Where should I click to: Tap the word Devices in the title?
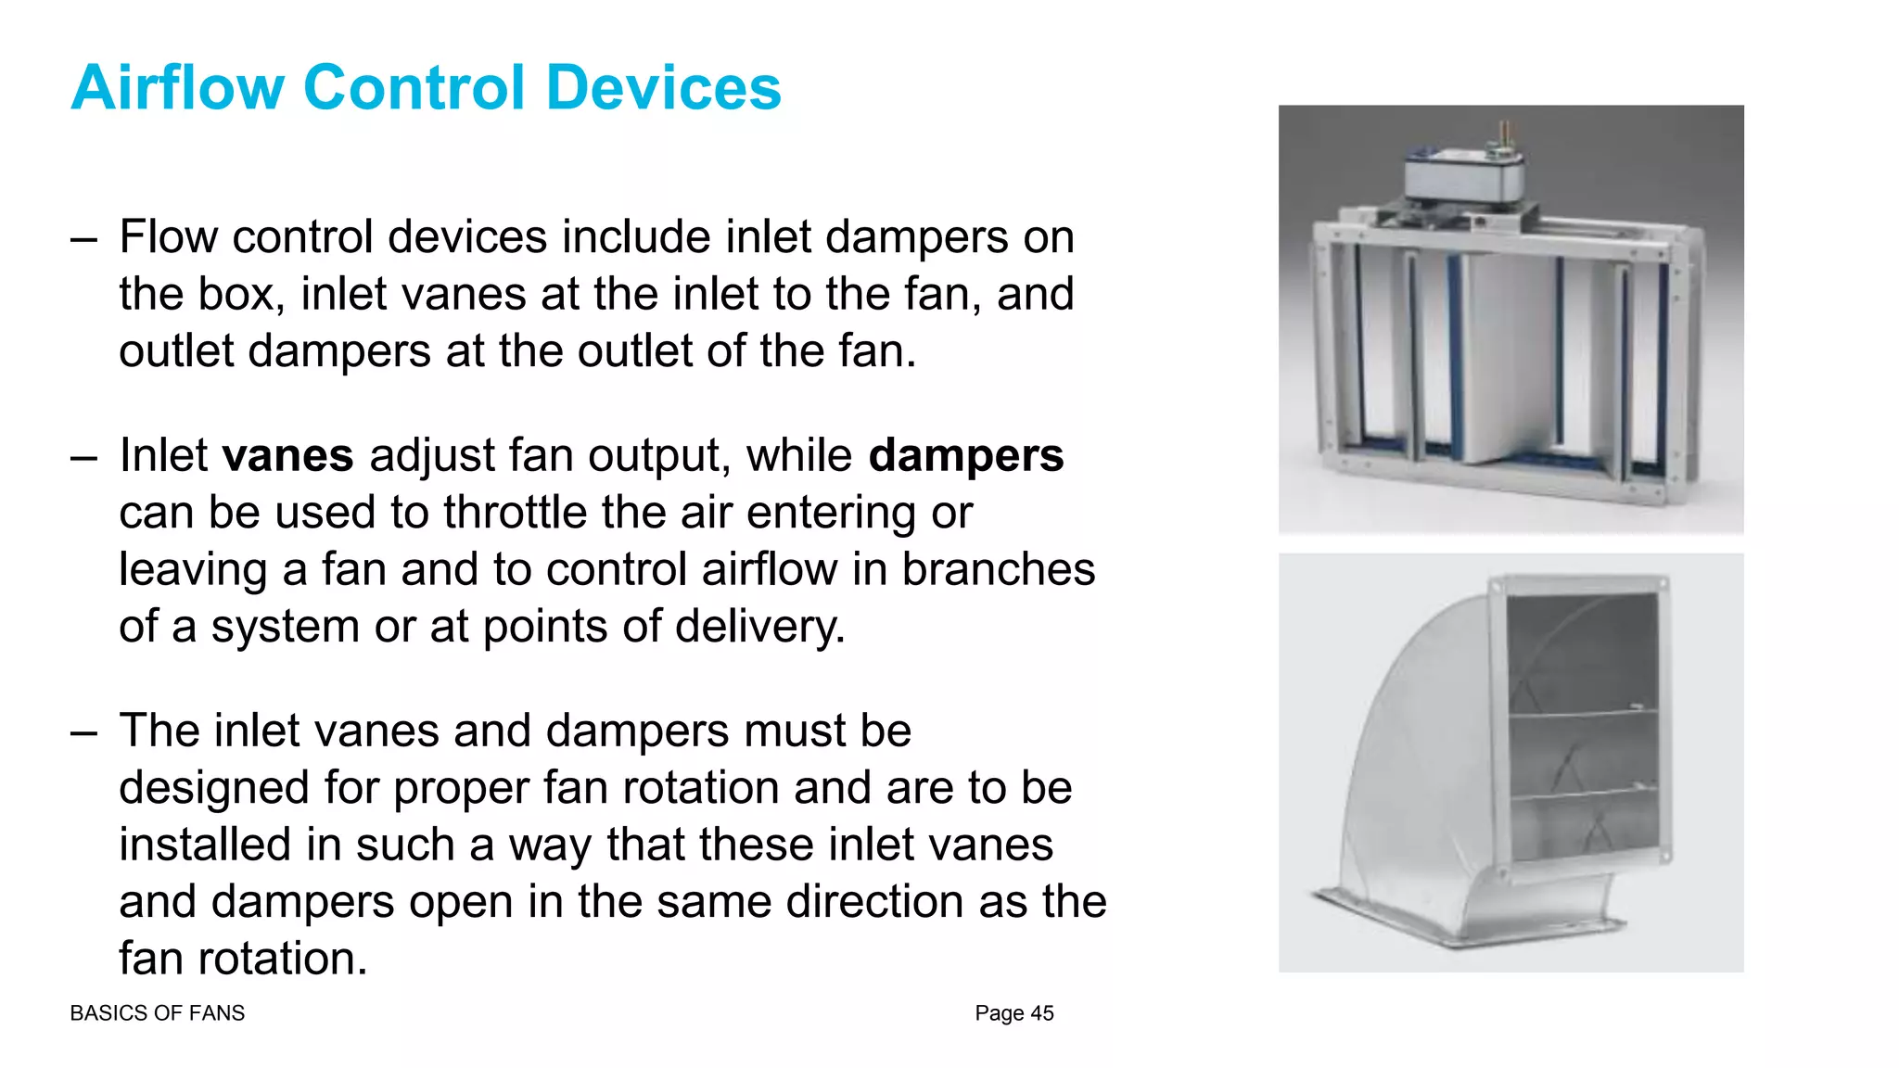pyautogui.click(x=663, y=88)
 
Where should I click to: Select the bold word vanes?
pyautogui.click(x=287, y=455)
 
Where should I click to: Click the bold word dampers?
pyautogui.click(x=965, y=455)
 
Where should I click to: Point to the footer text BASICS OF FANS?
pyautogui.click(x=157, y=1013)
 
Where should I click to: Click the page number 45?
pyautogui.click(x=1042, y=1013)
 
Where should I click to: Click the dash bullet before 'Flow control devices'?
pyautogui.click(x=83, y=238)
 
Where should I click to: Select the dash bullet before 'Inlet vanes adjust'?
pyautogui.click(x=83, y=457)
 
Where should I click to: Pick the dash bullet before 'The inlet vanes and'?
pyautogui.click(x=83, y=732)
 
